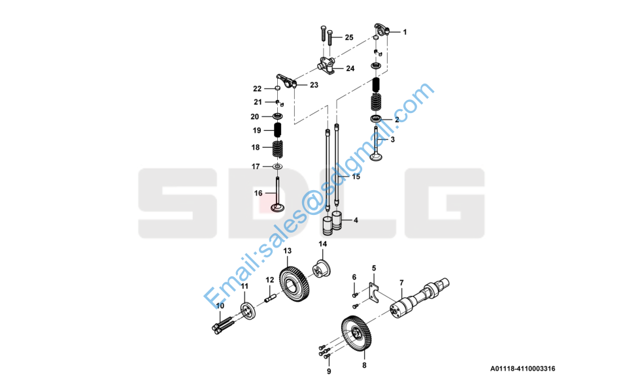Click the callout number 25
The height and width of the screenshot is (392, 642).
tap(349, 38)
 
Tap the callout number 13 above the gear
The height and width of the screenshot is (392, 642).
tap(288, 250)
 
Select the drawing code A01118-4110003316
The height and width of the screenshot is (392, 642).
tap(523, 368)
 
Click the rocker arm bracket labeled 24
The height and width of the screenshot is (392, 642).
tap(326, 66)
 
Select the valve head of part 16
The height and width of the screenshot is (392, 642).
tap(277, 208)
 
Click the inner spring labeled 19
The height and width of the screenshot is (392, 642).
tap(277, 131)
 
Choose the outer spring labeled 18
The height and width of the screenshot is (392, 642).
tap(278, 148)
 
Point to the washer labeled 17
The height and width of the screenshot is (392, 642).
tap(278, 166)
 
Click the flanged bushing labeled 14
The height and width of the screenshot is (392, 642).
tap(322, 269)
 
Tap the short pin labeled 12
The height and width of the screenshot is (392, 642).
tap(270, 299)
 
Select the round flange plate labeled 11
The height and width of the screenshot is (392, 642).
tap(248, 311)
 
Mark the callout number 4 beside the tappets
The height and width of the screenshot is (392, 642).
tap(356, 220)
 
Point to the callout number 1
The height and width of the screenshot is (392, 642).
tap(405, 32)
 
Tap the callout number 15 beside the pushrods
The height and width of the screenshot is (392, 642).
tap(356, 177)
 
